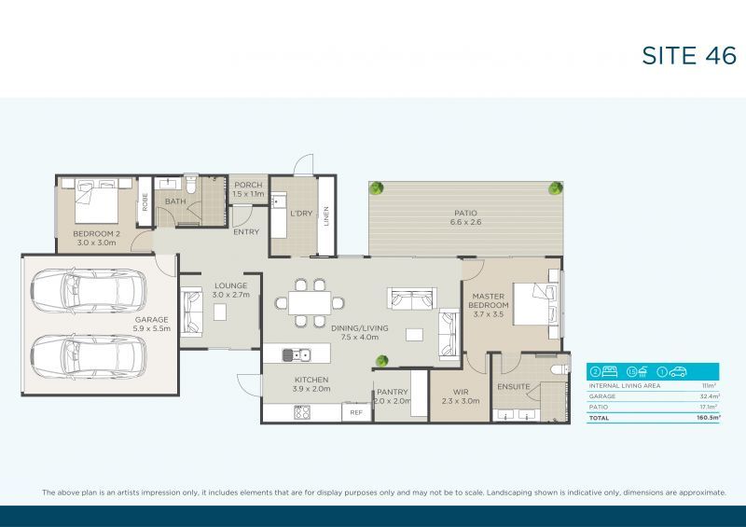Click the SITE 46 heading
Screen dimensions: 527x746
click(689, 56)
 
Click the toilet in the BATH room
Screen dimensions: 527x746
click(189, 187)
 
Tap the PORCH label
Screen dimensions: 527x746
click(248, 185)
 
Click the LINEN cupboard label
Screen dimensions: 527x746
click(325, 214)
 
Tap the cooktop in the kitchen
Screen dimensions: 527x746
click(302, 412)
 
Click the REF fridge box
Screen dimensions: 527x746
click(356, 412)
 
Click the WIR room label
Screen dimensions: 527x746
click(460, 392)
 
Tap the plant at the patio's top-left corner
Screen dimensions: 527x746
click(378, 188)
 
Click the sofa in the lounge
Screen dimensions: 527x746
click(193, 312)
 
